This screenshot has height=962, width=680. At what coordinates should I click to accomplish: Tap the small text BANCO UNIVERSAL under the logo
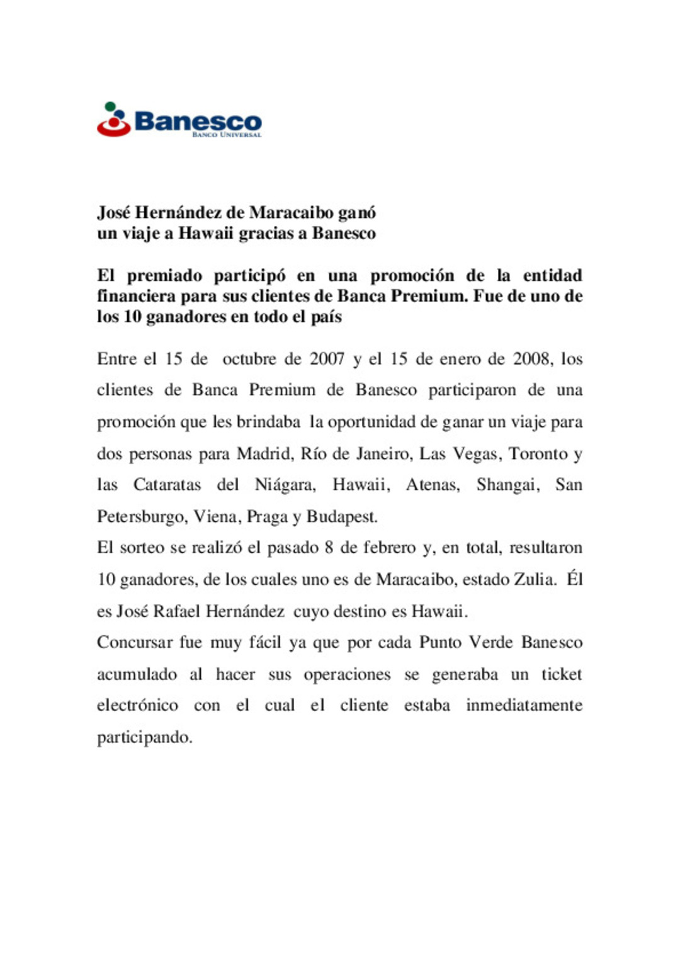coord(227,135)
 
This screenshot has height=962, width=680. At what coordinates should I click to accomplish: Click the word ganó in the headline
coord(357,213)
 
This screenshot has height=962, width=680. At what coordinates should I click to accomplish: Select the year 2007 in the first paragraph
coord(327,359)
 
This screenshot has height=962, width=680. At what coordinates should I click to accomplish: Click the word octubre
coord(249,359)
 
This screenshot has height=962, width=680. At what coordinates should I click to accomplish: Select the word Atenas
coord(433,485)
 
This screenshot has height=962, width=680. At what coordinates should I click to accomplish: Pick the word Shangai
coord(507,485)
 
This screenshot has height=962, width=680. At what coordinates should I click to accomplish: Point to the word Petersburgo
coord(142,517)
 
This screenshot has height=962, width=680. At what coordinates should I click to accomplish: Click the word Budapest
coord(342,517)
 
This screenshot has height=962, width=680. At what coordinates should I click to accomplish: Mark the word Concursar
coord(135,642)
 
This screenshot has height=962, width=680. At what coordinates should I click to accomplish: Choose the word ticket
coord(562,674)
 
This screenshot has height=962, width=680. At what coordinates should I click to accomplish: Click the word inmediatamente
coord(524,705)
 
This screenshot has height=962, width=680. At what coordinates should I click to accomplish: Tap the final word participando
coord(144,737)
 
